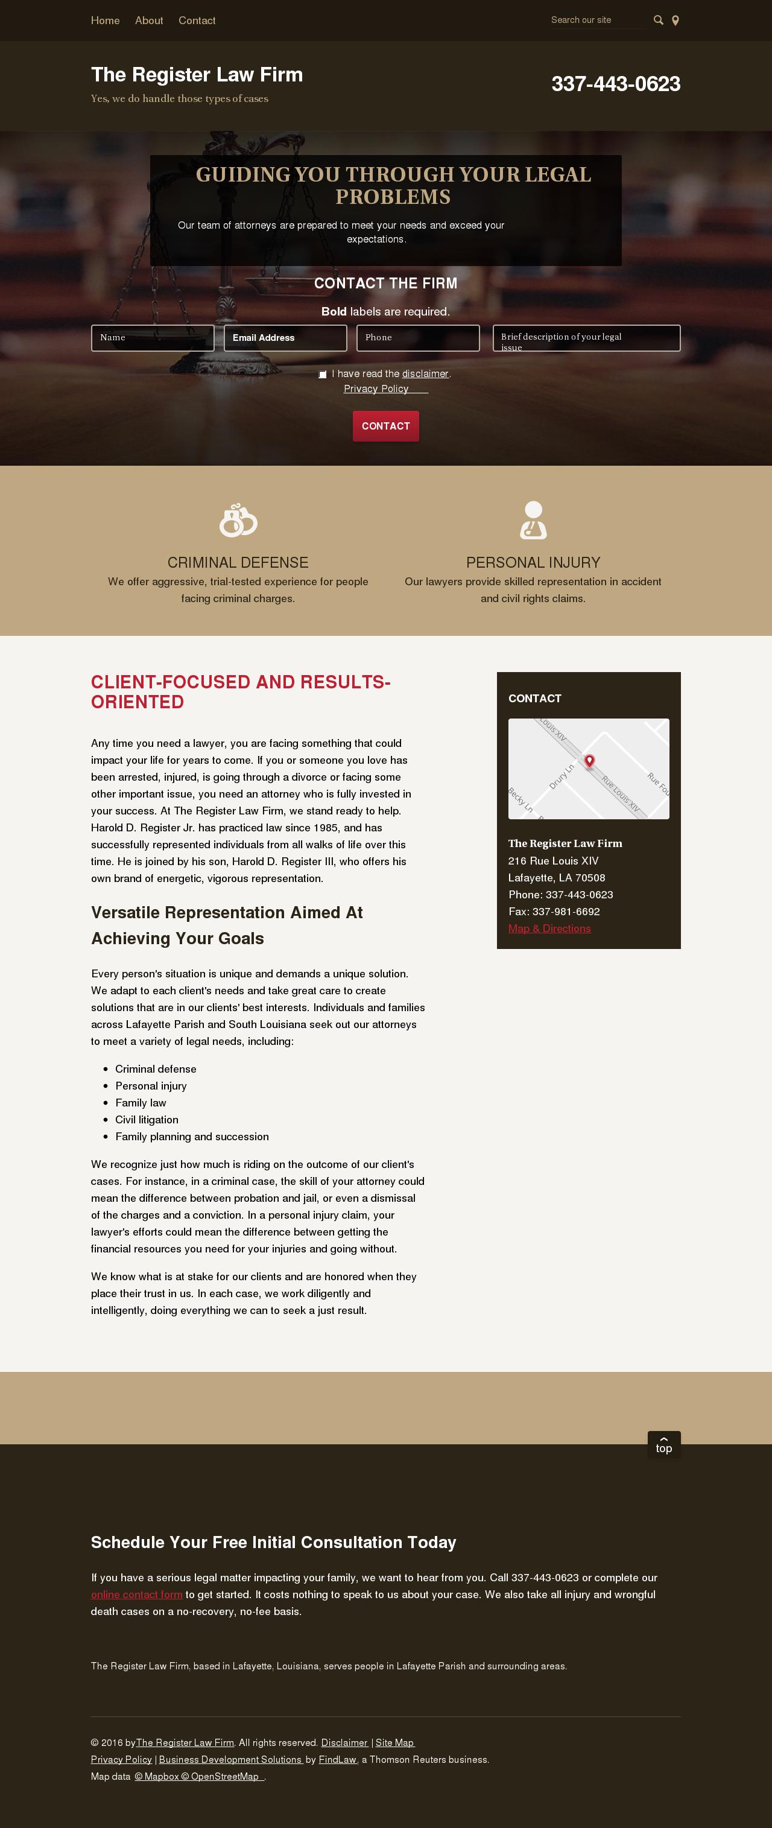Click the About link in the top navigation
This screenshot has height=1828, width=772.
149,21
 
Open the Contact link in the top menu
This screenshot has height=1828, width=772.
197,21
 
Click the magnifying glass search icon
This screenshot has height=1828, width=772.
658,21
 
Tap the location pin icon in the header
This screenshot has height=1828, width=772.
675,21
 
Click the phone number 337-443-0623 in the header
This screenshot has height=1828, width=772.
615,84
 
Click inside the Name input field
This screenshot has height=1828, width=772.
152,338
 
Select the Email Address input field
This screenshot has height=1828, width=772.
285,338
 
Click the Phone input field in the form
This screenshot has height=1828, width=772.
417,338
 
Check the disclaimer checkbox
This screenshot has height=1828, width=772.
323,374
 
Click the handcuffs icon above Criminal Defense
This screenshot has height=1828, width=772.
238,520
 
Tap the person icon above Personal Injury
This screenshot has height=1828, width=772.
533,520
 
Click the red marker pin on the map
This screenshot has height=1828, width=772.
589,761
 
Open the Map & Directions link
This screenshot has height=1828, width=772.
549,928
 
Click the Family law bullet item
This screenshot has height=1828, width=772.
141,1103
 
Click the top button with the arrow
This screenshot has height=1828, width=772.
663,1445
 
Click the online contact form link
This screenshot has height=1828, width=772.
136,1595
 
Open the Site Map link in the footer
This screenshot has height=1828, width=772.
394,1742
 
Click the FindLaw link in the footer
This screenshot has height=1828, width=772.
338,1759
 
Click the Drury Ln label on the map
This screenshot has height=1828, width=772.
562,776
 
